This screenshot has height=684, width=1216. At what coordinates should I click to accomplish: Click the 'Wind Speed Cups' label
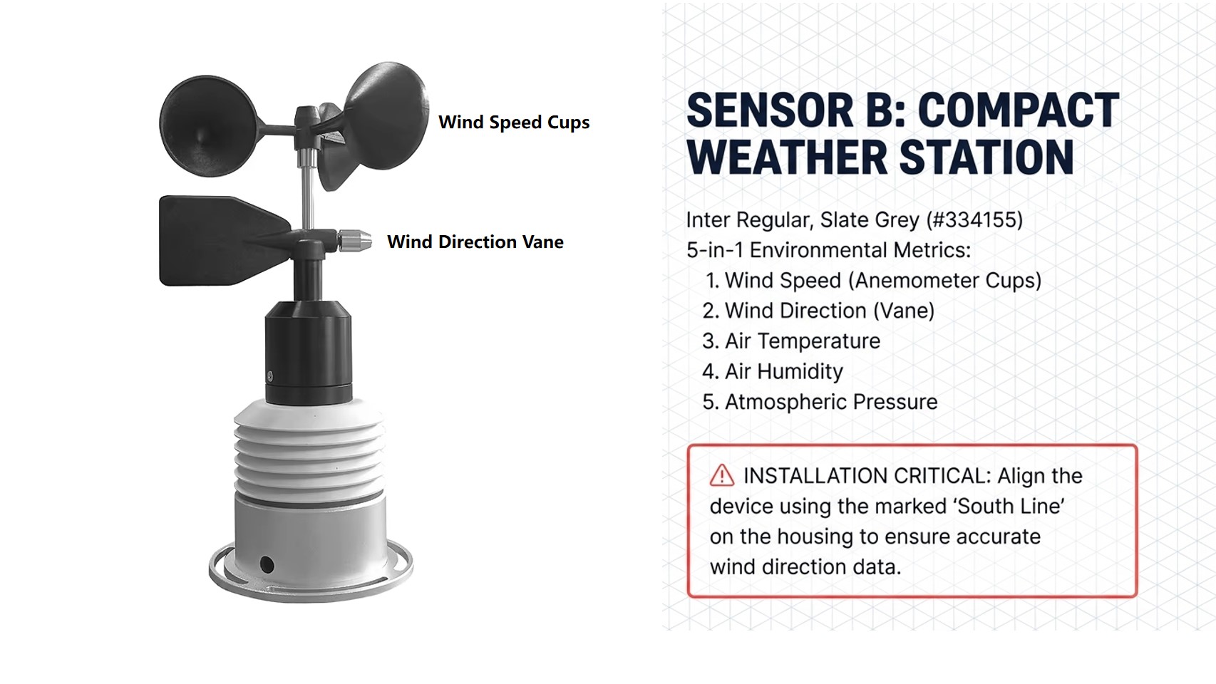tap(513, 122)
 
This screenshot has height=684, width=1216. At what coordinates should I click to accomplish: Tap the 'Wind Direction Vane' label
tap(475, 242)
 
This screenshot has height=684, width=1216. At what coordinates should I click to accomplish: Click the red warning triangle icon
tap(721, 475)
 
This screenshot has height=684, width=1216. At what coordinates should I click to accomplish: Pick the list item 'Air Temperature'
tap(803, 341)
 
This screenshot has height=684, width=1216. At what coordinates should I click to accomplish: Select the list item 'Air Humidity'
tap(784, 371)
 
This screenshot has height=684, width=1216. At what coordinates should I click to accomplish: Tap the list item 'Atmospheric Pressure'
tap(831, 402)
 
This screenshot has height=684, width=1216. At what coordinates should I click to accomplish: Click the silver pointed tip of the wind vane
tap(355, 241)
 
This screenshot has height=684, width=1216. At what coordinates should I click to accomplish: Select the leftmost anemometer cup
tap(208, 126)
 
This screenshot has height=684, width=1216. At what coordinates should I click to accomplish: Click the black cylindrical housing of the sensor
tap(308, 352)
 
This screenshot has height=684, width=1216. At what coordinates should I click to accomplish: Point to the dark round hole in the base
tap(267, 564)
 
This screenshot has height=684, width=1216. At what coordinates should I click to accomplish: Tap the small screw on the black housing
tap(270, 376)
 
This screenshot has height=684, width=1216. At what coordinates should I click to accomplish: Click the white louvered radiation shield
tap(309, 450)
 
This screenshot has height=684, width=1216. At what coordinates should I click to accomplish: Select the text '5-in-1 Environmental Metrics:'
tap(828, 250)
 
